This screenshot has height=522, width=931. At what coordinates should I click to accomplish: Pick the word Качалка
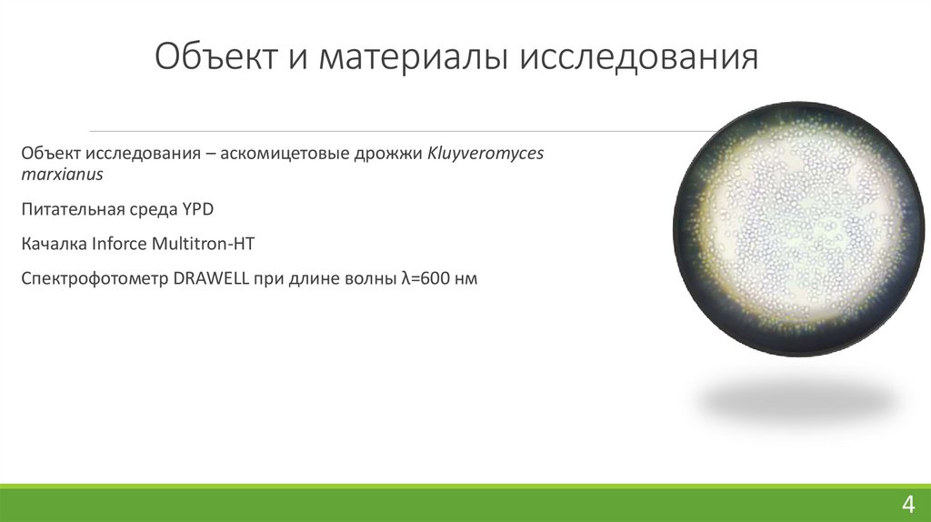coord(54,245)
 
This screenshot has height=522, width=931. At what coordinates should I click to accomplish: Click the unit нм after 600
coord(465,280)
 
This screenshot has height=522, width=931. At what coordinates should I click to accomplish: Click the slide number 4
coord(907,504)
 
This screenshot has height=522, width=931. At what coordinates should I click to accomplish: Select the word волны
coord(365,280)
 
